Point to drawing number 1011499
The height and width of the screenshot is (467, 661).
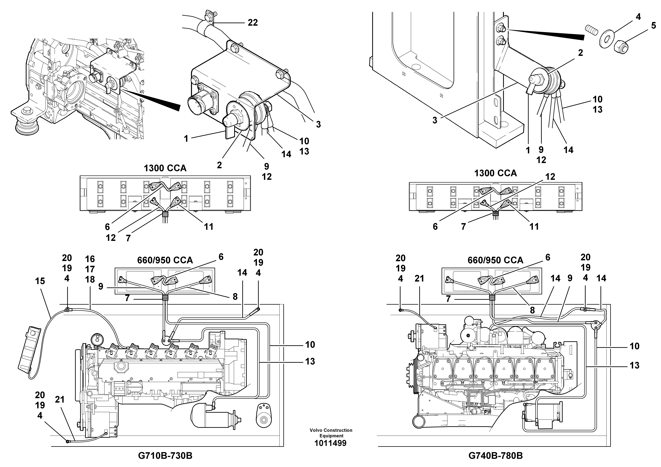[x=330, y=443]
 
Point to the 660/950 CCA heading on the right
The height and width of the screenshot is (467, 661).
[x=495, y=260]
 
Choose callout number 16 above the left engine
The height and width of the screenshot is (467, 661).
[x=90, y=259]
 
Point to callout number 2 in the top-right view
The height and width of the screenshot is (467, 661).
[x=580, y=53]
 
